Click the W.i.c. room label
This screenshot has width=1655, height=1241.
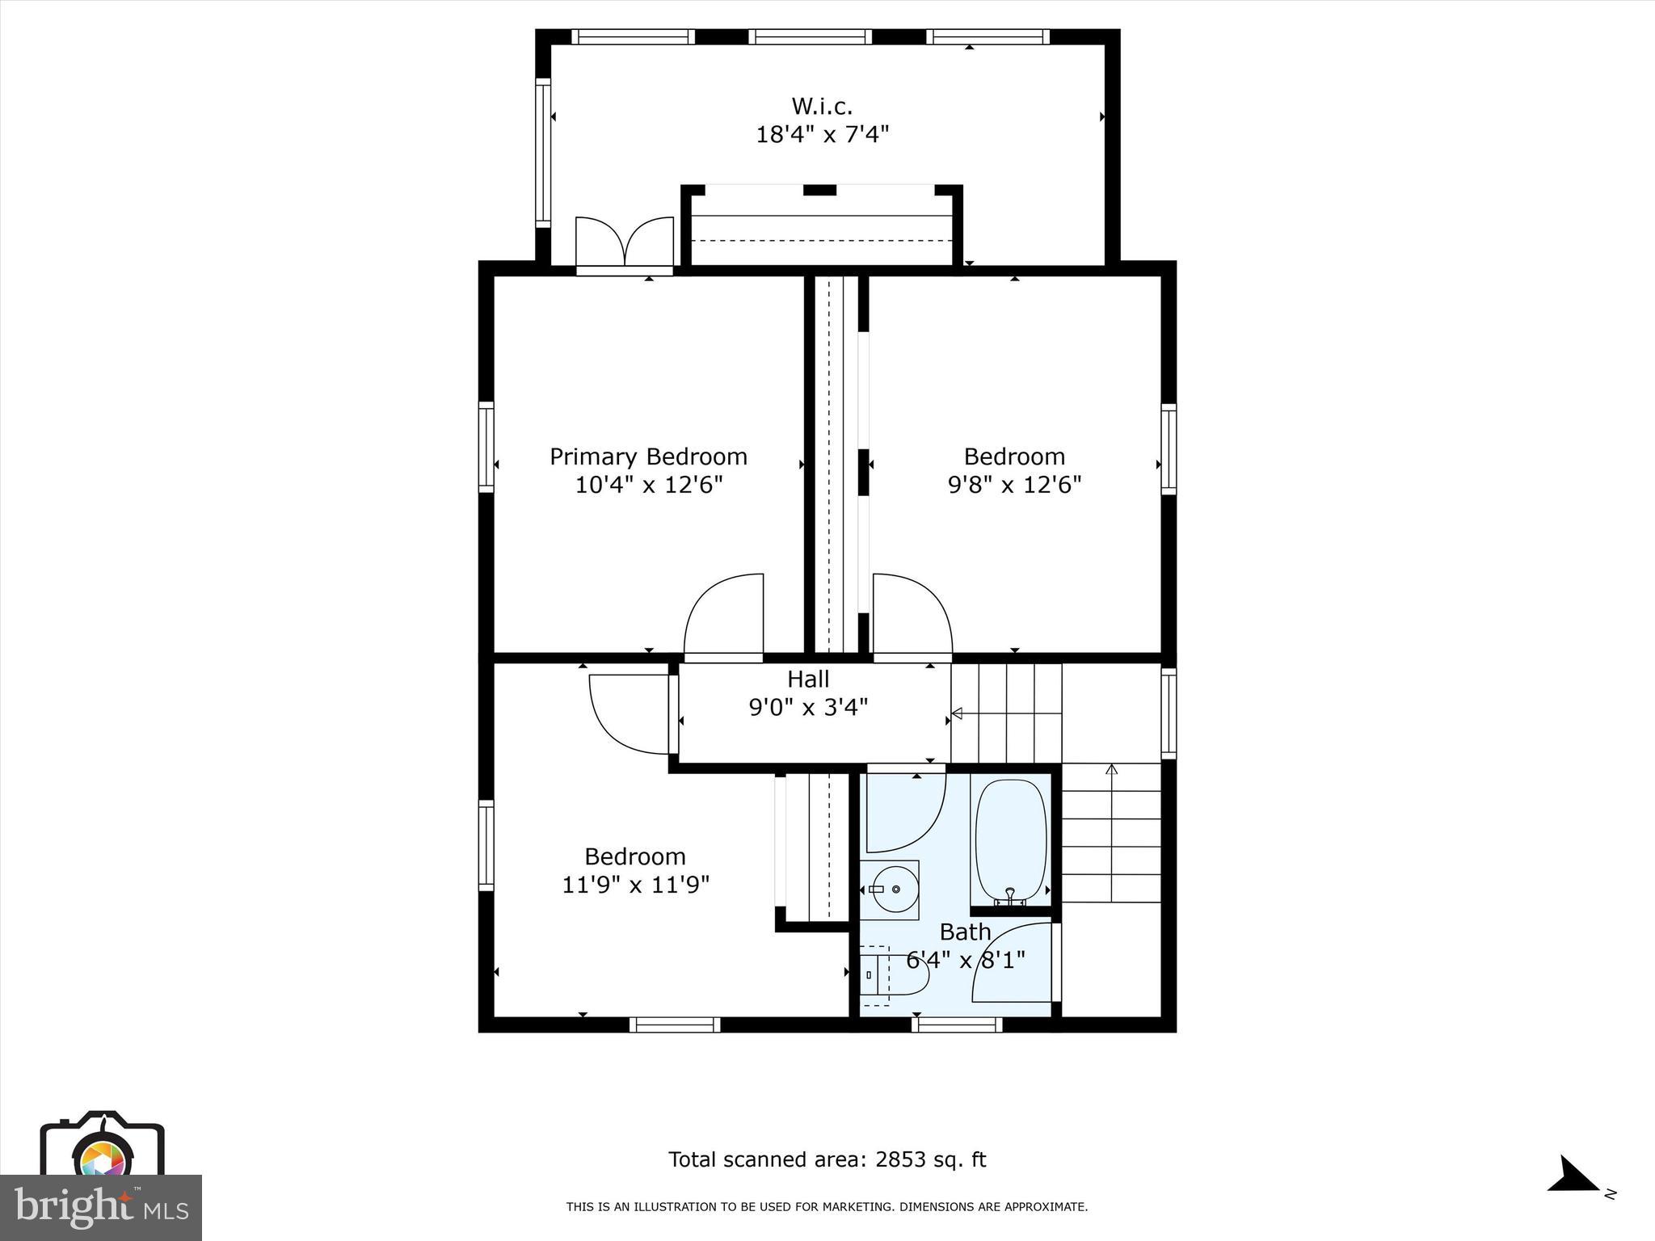tap(822, 106)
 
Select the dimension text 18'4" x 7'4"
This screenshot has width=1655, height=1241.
tap(822, 134)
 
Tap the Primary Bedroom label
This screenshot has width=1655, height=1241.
tap(648, 456)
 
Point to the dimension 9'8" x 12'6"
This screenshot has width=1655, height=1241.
tap(1014, 485)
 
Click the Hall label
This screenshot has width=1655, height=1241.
tap(808, 679)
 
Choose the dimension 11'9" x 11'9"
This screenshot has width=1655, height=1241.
tap(635, 885)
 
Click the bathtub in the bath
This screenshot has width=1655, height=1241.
tap(1011, 841)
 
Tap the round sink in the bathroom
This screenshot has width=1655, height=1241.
tap(891, 889)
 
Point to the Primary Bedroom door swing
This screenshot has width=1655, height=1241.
tap(723, 614)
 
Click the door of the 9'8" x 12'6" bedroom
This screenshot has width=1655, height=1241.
tap(911, 614)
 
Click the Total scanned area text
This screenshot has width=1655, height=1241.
tap(827, 1159)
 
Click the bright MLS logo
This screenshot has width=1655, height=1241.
tap(101, 1207)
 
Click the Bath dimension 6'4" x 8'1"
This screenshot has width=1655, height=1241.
tap(965, 961)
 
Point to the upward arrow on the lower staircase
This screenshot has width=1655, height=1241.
tap(1111, 769)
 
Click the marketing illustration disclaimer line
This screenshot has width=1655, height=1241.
tap(827, 1207)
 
